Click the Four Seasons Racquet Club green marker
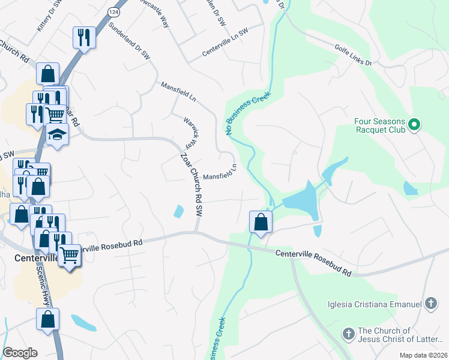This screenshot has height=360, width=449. coord(414,125)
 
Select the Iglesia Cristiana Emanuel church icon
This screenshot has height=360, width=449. coord(430,304)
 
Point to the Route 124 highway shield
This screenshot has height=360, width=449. coord(113,11)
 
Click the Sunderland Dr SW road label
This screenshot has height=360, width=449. coord(129,41)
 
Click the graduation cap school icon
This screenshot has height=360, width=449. coord(57,135)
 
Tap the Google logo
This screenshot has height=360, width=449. coord(20,353)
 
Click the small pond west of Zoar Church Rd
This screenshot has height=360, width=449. coord(179,211)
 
